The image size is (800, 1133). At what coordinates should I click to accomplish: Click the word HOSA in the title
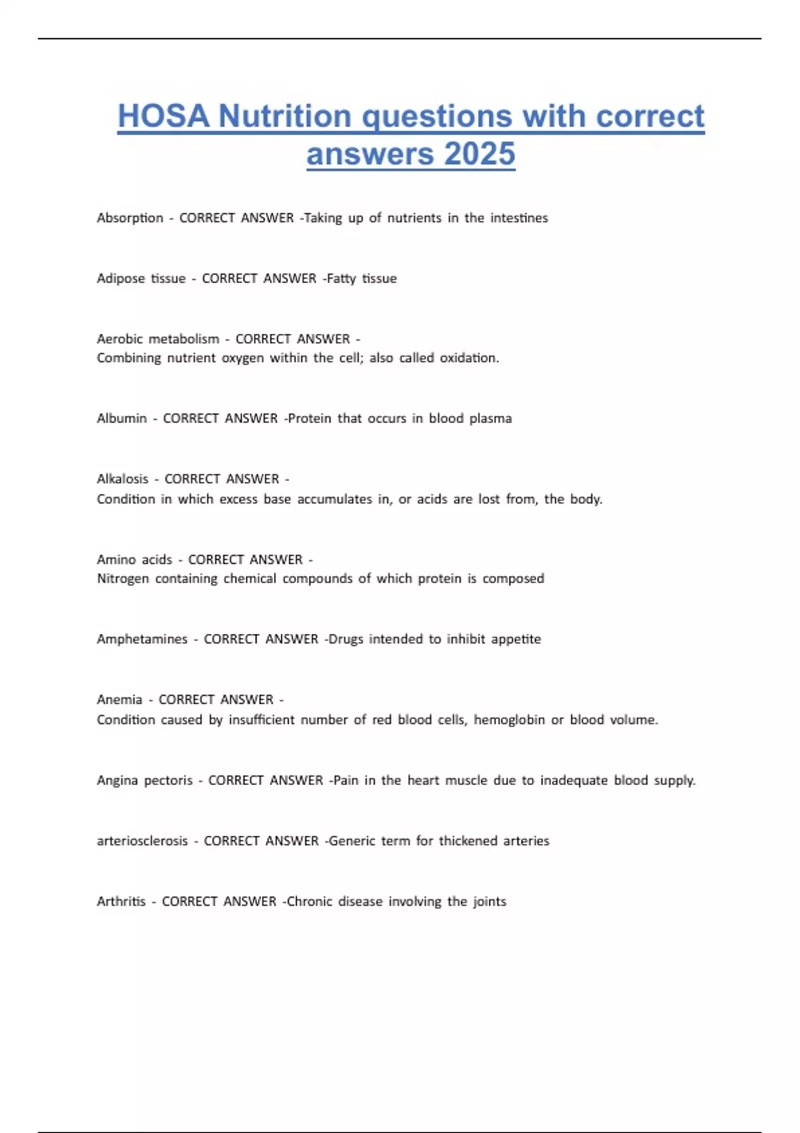[163, 116]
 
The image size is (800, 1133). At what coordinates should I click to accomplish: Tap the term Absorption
[130, 218]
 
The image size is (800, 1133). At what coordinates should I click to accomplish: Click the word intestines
[519, 218]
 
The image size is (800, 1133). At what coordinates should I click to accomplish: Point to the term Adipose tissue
[141, 279]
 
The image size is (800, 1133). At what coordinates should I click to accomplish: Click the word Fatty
[341, 279]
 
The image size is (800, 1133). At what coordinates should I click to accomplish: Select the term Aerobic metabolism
[158, 339]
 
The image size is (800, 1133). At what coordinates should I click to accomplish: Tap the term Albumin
[122, 419]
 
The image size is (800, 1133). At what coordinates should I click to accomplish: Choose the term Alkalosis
[123, 479]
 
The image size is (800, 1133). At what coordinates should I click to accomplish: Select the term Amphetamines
[142, 639]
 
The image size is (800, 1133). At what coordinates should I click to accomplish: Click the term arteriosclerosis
[143, 841]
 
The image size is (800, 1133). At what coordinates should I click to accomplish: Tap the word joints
[490, 902]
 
